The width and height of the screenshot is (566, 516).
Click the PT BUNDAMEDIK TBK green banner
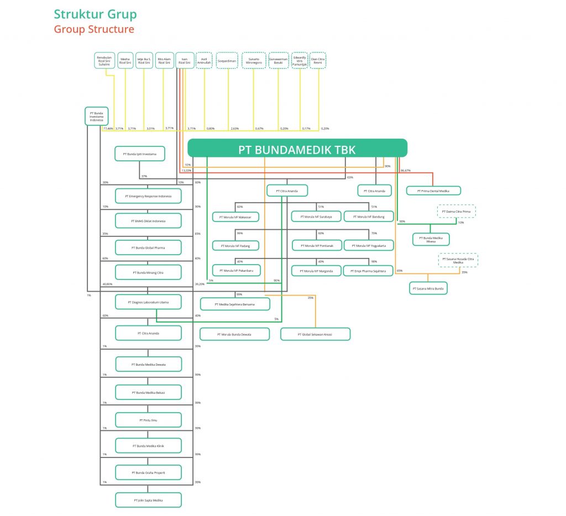(297, 148)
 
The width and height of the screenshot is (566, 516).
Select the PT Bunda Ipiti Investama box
(140, 154)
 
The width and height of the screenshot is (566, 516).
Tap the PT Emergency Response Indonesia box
(148, 196)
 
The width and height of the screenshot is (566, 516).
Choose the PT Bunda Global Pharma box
(148, 248)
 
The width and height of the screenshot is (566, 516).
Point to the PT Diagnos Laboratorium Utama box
(148, 302)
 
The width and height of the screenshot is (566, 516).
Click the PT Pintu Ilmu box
(148, 420)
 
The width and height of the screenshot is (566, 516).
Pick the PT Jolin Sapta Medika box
(148, 500)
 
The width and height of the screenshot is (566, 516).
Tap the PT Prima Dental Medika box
(433, 191)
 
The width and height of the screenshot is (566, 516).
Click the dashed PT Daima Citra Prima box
(457, 212)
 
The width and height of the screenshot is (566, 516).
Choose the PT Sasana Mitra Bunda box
(428, 288)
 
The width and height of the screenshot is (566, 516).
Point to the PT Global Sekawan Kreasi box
(315, 334)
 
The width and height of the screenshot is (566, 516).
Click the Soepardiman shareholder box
(227, 60)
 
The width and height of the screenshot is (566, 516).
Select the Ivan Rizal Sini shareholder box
(185, 60)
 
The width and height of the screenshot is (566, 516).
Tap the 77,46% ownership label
(108, 128)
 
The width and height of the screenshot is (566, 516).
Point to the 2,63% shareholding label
(234, 128)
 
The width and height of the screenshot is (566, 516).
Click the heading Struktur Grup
(95, 14)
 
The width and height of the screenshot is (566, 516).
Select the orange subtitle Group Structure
(94, 29)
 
